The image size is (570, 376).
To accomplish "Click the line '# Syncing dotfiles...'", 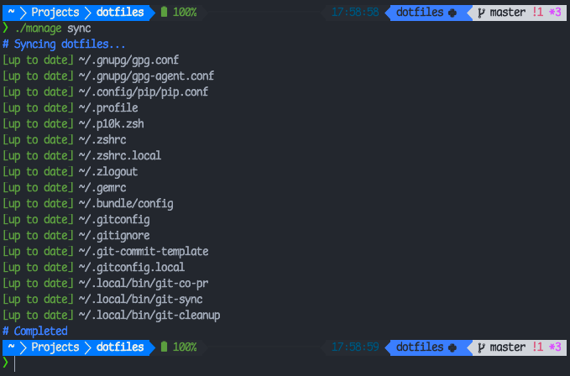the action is [64, 44].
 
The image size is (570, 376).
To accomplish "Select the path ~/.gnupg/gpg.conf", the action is [128, 60].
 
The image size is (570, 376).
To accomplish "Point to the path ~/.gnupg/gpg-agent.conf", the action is [146, 76].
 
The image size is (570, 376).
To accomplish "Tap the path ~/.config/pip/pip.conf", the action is [143, 92].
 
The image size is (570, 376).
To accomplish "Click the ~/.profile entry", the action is [108, 108].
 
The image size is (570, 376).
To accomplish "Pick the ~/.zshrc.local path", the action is [120, 156].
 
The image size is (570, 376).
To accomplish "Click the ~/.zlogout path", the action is [108, 172].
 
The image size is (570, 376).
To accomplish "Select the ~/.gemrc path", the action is [105, 188].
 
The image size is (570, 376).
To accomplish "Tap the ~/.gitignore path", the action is [114, 236].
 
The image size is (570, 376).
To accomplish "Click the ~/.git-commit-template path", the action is [143, 252].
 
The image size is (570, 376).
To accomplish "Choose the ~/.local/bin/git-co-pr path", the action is [137, 284].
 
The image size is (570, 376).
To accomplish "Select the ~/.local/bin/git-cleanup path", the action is [149, 316].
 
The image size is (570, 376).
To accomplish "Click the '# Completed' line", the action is [35, 332].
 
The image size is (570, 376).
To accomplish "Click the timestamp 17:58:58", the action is [355, 13].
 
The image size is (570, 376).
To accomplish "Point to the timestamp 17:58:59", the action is [355, 347].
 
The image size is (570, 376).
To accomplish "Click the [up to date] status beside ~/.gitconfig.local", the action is [38, 268].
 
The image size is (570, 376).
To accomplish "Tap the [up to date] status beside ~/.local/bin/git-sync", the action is [38, 300].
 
